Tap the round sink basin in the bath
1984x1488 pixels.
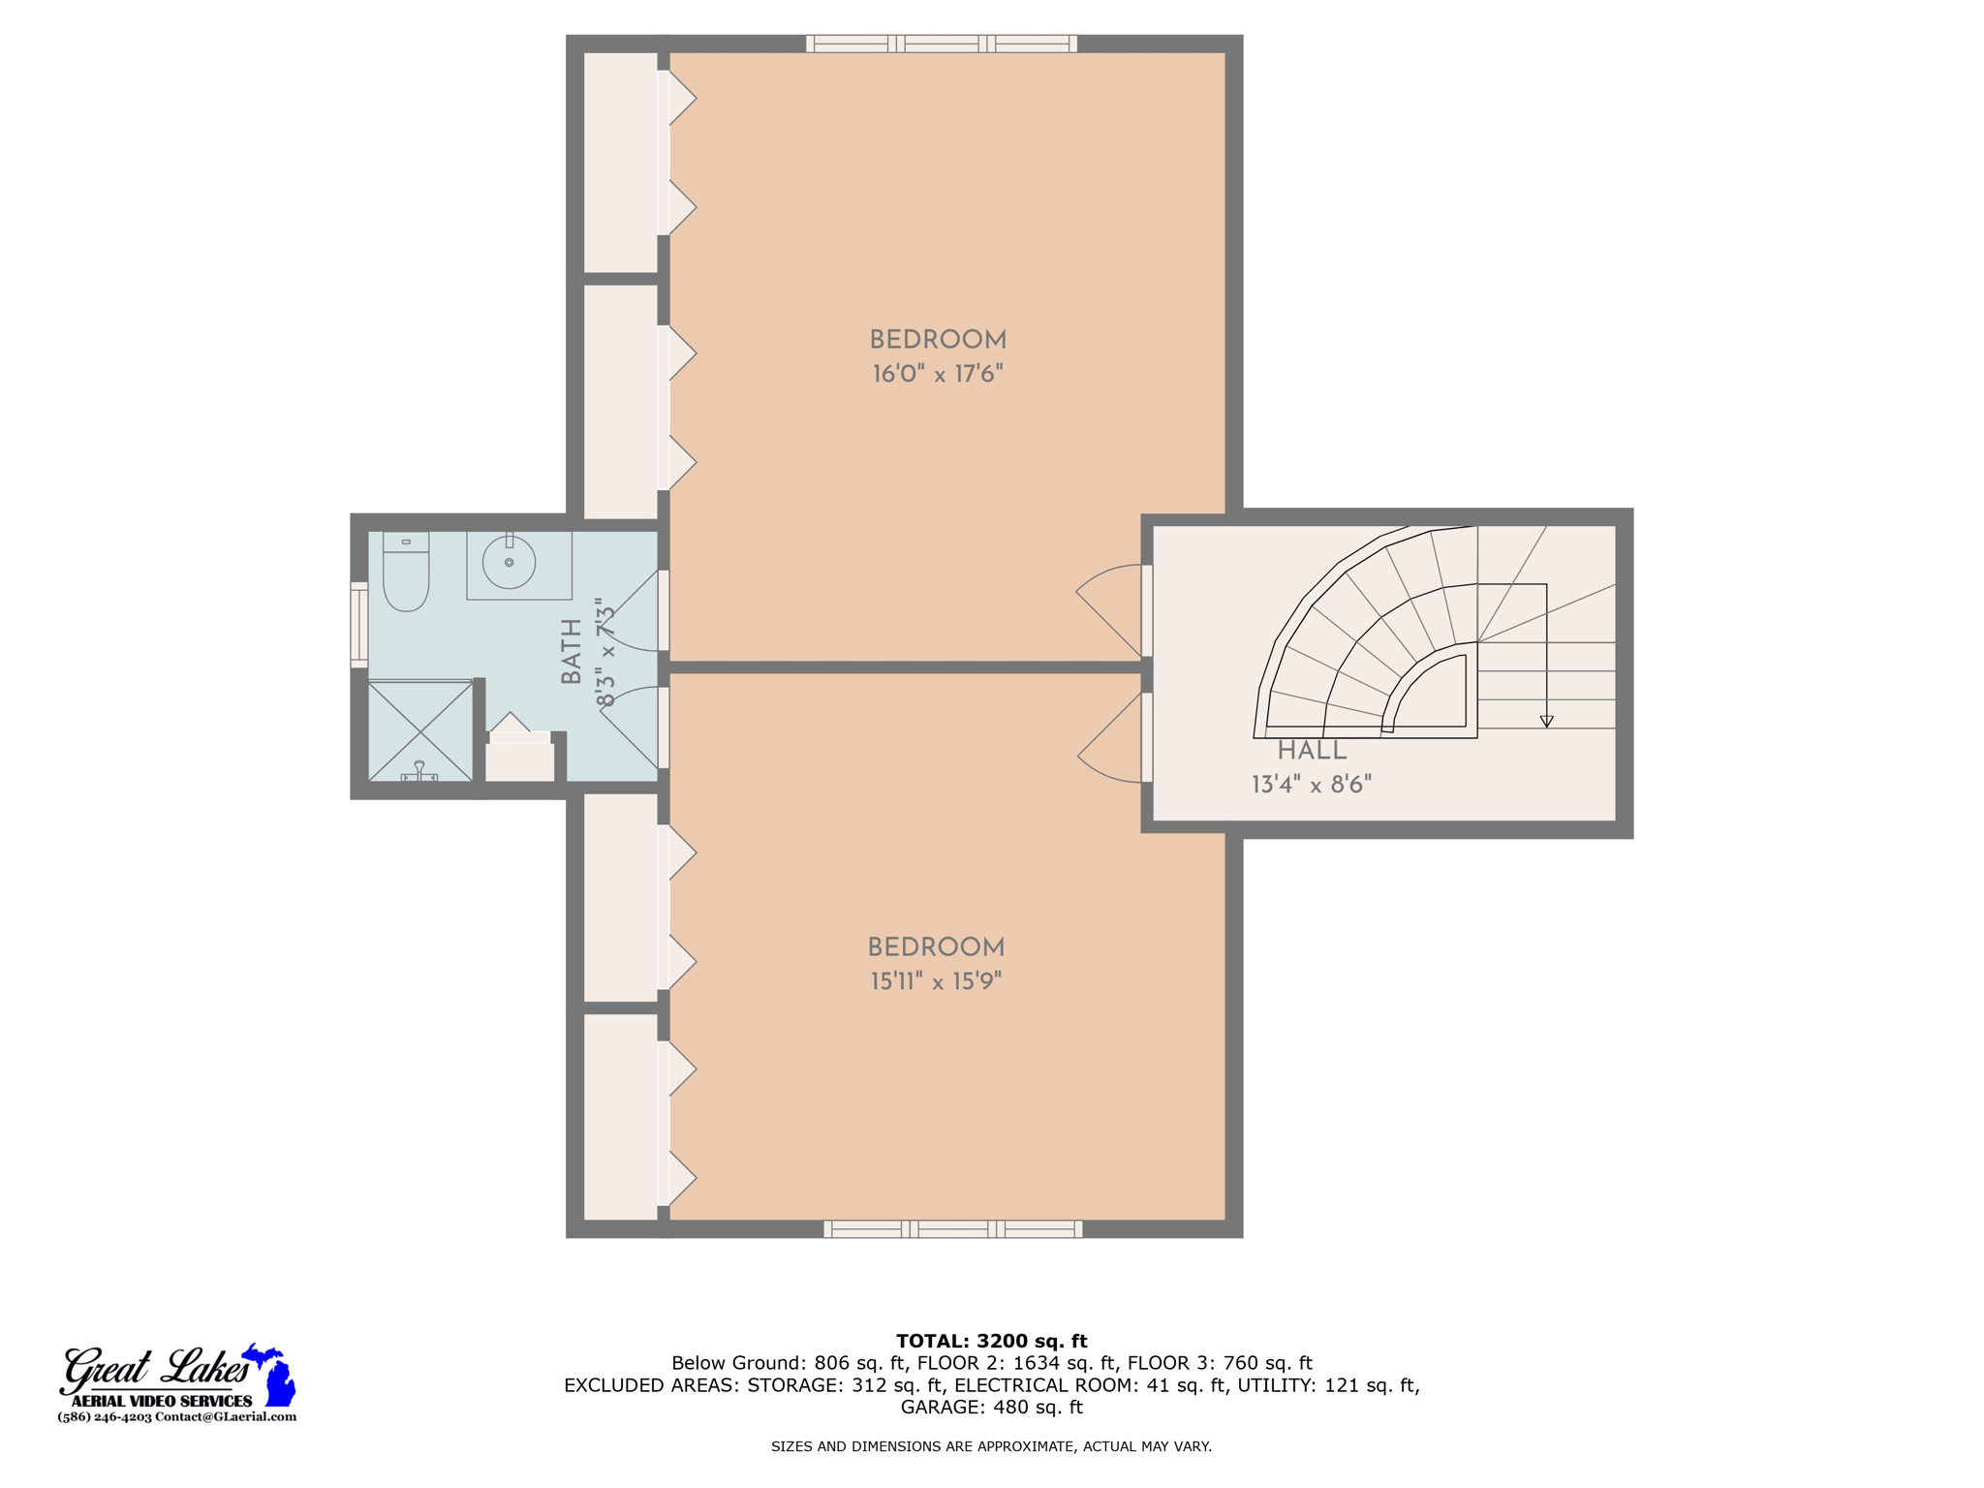(x=509, y=563)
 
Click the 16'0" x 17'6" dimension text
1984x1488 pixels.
(x=937, y=374)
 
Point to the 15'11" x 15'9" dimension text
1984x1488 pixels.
(x=935, y=981)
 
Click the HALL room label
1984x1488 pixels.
(x=1311, y=751)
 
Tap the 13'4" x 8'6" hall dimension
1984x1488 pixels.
(x=1311, y=785)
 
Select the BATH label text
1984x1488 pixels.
(x=572, y=651)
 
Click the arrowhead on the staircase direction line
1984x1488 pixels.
(x=1546, y=722)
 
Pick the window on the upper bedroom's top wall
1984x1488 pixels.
(x=941, y=44)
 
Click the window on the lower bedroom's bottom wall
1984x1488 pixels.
(x=952, y=1229)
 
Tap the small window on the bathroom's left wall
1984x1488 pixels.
(x=358, y=625)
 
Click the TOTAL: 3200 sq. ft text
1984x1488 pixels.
(x=991, y=1341)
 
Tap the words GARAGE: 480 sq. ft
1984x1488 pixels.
(x=991, y=1407)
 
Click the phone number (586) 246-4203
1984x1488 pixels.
(x=105, y=1416)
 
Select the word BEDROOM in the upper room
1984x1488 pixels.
(x=937, y=340)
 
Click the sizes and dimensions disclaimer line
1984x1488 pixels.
(x=991, y=1446)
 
